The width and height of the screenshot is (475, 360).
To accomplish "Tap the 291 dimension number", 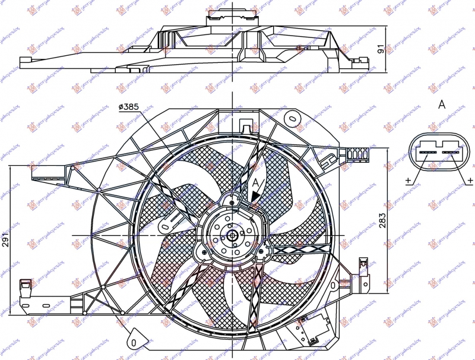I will pyautogui.click(x=5, y=239).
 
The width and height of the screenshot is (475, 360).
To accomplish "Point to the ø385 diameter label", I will pyautogui.click(x=128, y=106).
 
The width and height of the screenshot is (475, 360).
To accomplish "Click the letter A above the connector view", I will pyautogui.click(x=441, y=105).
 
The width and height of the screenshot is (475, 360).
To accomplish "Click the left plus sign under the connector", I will pyautogui.click(x=407, y=181).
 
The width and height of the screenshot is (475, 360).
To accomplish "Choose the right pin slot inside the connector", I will pyautogui.click(x=452, y=153).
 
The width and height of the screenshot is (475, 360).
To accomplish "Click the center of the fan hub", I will pyautogui.click(x=232, y=236).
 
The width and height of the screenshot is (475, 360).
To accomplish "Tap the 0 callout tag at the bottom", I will pyautogui.click(x=135, y=343).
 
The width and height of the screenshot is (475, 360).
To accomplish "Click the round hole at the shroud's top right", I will pyautogui.click(x=292, y=118).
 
